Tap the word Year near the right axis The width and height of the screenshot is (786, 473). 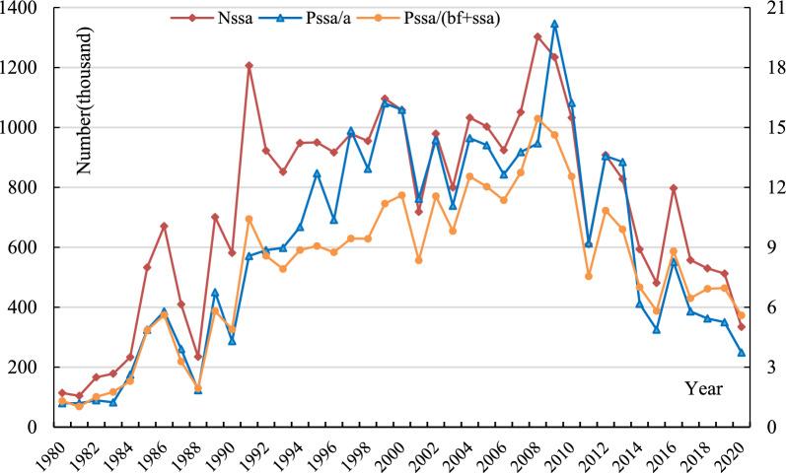[x=704, y=389]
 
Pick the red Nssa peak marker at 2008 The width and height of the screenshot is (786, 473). [x=537, y=37]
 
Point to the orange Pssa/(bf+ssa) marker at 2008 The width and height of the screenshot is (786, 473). [x=537, y=119]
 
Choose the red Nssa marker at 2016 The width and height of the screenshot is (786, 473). [x=673, y=188]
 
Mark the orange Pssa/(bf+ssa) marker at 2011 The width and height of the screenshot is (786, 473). [x=589, y=276]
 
